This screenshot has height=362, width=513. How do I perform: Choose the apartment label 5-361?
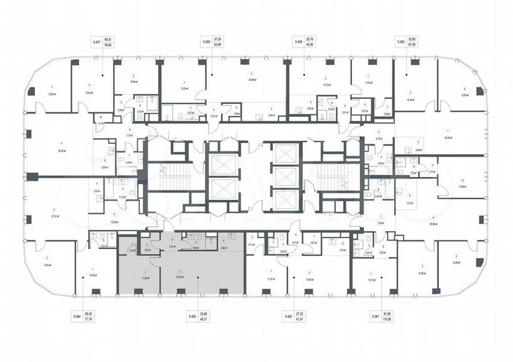[375, 315]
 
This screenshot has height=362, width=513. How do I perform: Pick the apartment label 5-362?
[289, 315]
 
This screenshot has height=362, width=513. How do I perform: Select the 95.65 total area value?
[108, 46]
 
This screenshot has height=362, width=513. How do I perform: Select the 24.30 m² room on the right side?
[447, 135]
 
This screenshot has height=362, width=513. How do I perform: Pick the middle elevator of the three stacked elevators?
[284, 177]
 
